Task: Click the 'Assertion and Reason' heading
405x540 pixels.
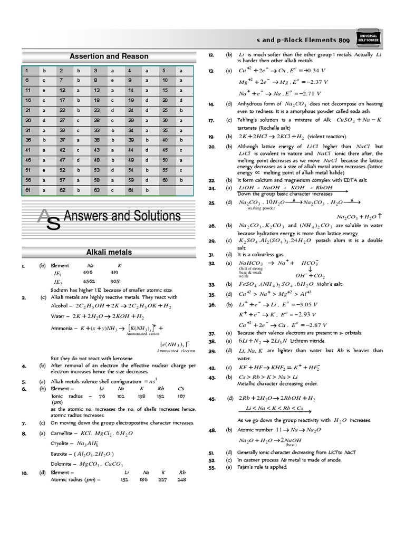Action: (x=109, y=56)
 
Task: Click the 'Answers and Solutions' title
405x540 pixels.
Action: (x=122, y=216)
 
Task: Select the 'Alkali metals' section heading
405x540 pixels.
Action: (x=109, y=253)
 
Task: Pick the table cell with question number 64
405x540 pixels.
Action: (x=130, y=190)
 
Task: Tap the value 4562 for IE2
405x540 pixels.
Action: (x=89, y=282)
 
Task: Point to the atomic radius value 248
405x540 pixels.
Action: (x=182, y=480)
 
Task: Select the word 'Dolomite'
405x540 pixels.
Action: (x=62, y=464)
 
